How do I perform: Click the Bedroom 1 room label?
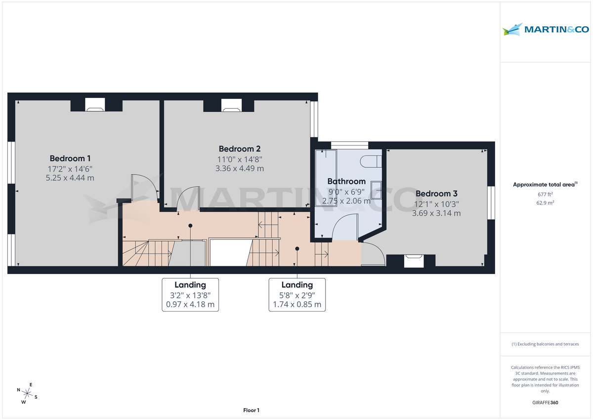click(70, 158)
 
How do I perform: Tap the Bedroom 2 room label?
click(240, 148)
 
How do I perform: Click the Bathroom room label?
click(346, 181)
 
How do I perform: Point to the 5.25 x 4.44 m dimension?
click(70, 178)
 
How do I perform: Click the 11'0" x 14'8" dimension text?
click(240, 159)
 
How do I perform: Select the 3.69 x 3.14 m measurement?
click(436, 213)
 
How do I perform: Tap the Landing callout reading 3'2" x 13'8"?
click(190, 294)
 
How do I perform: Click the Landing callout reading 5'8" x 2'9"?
click(297, 294)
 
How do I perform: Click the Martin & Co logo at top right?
click(546, 30)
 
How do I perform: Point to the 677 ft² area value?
click(546, 194)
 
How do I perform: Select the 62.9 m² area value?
click(546, 202)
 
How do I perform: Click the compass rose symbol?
click(28, 393)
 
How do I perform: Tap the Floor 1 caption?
click(251, 410)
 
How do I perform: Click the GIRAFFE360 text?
click(546, 403)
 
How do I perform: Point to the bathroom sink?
click(376, 190)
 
